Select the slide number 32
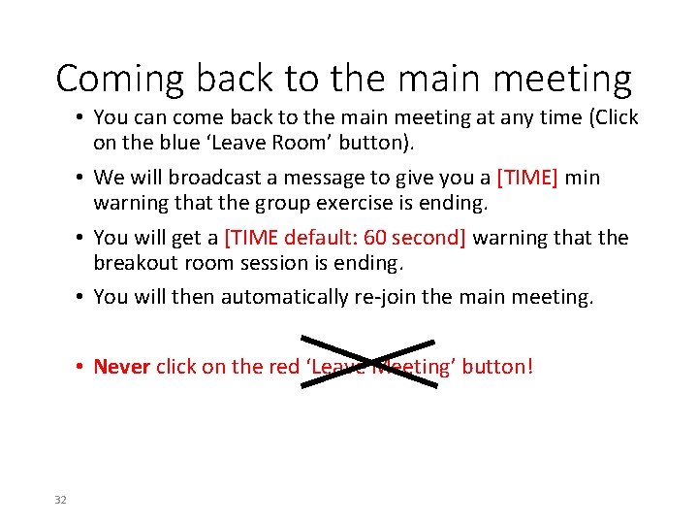[x=60, y=499]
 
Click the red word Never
[x=121, y=367]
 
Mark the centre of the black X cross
[x=368, y=362]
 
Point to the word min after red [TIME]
[x=582, y=179]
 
